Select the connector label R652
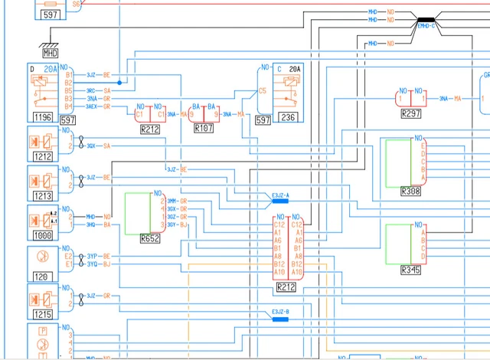coord(150,238)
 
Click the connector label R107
coord(204,129)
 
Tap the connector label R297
coord(411,113)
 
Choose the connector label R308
coord(410,190)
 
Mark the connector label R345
coord(410,270)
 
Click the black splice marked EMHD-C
coord(426,24)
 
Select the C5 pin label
coord(263,90)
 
